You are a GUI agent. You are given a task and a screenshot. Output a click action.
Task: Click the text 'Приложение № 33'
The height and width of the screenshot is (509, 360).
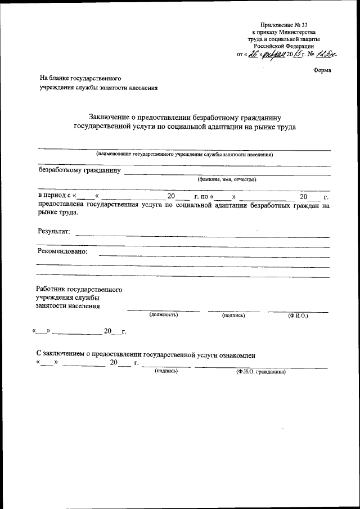point(284,25)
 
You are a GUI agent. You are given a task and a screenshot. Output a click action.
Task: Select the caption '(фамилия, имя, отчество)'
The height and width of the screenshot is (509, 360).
point(227,180)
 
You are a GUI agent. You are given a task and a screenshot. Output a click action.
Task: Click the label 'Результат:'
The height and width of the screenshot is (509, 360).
point(54,231)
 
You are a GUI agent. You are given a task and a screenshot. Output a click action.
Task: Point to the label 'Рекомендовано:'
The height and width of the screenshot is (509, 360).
point(62,251)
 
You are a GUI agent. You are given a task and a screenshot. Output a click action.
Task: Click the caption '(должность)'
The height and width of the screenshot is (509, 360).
point(164,314)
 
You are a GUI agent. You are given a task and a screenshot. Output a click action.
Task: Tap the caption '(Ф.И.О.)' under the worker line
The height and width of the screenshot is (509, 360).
point(296,316)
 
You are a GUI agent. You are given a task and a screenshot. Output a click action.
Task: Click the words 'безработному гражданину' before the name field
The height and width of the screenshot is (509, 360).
point(79,169)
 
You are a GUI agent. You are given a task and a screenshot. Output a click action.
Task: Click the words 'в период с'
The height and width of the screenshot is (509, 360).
point(53,197)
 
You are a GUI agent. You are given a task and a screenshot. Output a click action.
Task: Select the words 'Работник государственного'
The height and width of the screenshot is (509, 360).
point(79,290)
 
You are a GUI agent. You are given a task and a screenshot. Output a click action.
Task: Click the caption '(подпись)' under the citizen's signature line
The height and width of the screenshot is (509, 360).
point(166,371)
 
